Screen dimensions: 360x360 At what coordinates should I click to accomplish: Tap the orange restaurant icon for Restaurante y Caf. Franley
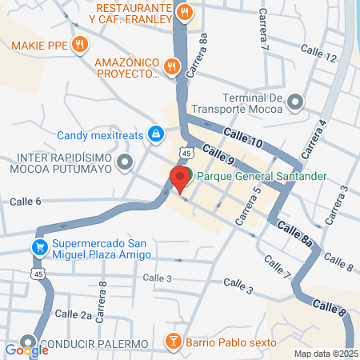point(185,12)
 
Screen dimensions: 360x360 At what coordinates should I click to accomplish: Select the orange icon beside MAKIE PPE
point(78,44)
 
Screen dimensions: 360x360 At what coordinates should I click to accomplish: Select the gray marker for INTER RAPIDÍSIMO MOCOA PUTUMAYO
point(124,163)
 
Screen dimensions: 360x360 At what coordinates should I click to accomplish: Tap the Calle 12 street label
point(319,56)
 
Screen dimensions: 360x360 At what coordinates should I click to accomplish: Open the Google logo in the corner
point(26,350)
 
